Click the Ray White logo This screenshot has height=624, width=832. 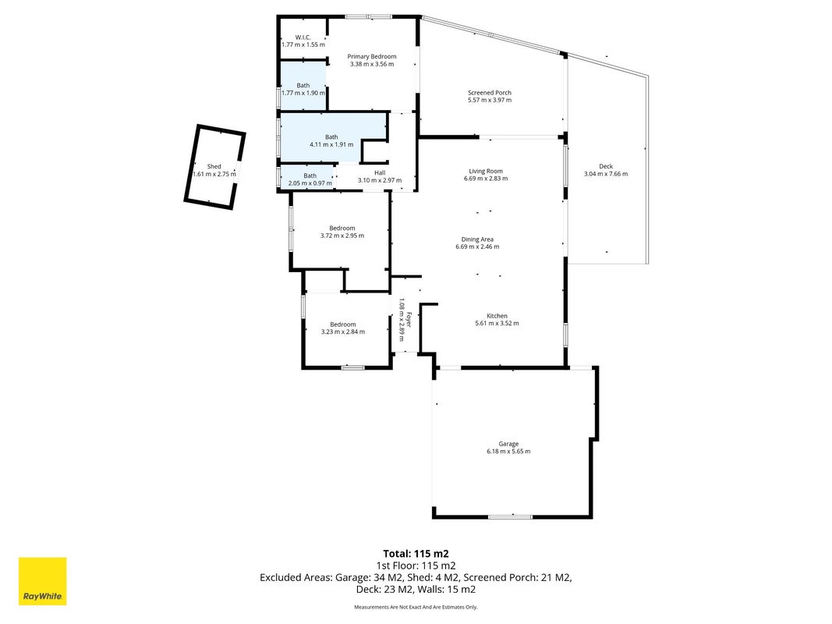pos(42,581)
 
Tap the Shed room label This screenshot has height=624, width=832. pos(214,167)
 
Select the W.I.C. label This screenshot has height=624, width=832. pos(303,37)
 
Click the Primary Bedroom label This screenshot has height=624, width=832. pos(372,56)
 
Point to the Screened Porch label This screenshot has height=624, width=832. pos(490,92)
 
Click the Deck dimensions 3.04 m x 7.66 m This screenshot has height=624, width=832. pos(606,174)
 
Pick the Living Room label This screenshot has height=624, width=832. pos(486,171)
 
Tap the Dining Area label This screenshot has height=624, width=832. pos(477,239)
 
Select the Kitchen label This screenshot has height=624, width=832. pos(497,316)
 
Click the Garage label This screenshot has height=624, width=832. pos(508,444)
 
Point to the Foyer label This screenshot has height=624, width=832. pos(409,320)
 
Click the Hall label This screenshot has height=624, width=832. pos(380,172)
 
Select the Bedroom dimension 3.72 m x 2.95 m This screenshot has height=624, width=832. pos(342,236)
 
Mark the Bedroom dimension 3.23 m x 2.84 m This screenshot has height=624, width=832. pos(343,331)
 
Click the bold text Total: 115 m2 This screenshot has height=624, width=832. pos(416,555)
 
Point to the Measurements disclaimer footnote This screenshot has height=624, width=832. pos(416,607)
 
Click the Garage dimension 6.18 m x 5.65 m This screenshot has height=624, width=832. pos(508,452)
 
